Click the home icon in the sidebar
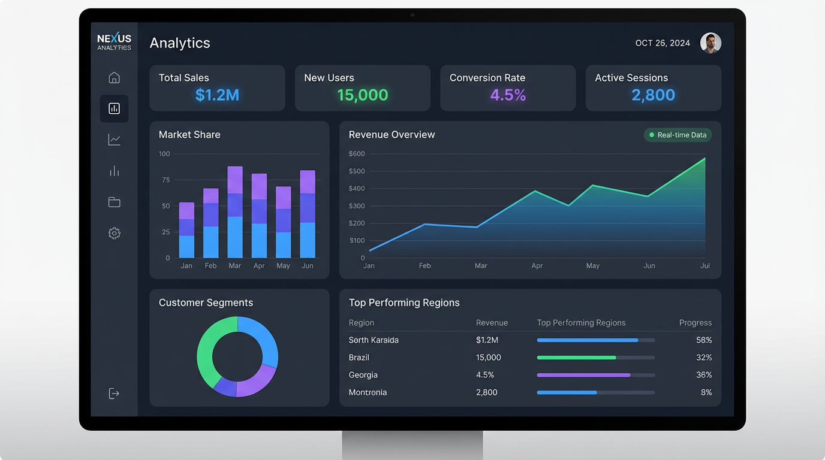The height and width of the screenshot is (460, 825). click(x=114, y=78)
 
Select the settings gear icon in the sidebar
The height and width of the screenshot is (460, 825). click(x=114, y=233)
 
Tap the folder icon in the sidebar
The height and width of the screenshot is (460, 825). click(x=114, y=202)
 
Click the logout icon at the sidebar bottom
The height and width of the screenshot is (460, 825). click(x=114, y=394)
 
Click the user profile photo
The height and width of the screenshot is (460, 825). click(x=710, y=43)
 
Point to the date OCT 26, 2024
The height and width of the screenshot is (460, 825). click(x=663, y=43)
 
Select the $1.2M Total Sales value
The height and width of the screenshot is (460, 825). click(x=217, y=95)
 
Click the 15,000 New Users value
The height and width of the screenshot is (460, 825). click(x=362, y=95)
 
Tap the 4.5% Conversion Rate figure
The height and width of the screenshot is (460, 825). click(x=508, y=95)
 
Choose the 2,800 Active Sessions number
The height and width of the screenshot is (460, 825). click(x=653, y=95)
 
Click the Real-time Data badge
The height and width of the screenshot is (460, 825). click(x=678, y=135)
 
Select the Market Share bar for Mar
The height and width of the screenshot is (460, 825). click(x=235, y=213)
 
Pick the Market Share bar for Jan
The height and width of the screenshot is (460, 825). click(x=186, y=231)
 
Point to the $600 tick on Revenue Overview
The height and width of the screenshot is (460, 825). click(x=356, y=154)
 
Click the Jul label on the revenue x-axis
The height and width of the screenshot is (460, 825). click(x=705, y=266)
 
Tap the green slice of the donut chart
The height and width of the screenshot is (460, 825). click(x=207, y=353)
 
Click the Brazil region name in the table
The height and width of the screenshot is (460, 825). click(x=359, y=358)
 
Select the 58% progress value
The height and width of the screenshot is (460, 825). click(x=704, y=340)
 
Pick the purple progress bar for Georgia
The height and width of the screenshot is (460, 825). click(x=583, y=375)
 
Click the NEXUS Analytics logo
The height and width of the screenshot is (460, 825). click(x=114, y=42)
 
